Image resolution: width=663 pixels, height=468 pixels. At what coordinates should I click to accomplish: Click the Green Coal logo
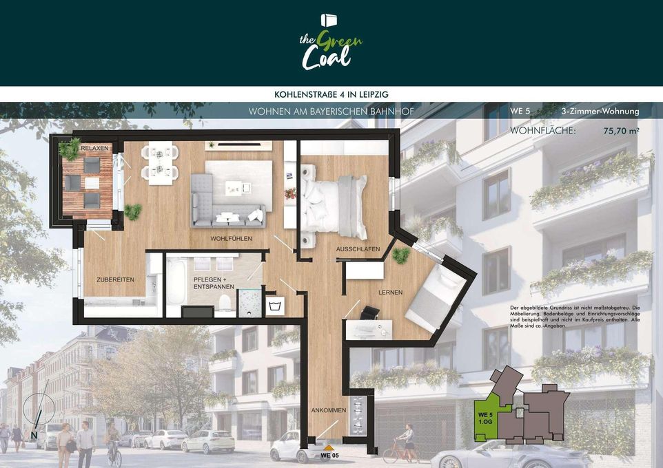331,42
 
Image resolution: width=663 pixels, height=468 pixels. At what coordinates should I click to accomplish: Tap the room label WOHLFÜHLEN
232,239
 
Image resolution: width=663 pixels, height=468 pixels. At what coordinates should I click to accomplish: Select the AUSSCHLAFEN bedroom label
358,249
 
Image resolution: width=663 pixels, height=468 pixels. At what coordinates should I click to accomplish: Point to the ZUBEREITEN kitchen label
115,279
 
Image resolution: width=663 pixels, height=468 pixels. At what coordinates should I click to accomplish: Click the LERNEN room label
390,292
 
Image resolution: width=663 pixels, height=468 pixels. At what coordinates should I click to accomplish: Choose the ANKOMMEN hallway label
329,410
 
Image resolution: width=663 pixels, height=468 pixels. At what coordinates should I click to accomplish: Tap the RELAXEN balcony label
94,148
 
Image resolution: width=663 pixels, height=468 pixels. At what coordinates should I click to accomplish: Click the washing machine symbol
274,306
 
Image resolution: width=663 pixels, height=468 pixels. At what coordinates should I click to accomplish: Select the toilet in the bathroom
225,302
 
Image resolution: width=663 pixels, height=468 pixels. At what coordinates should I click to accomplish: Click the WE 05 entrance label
330,456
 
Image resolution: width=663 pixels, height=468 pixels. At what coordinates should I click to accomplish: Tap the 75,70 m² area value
621,131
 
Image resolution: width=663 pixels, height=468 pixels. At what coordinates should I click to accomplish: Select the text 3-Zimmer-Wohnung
600,111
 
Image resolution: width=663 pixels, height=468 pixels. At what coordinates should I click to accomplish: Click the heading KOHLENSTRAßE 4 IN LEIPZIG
331,94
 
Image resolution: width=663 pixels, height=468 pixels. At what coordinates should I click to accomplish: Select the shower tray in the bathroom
249,303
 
